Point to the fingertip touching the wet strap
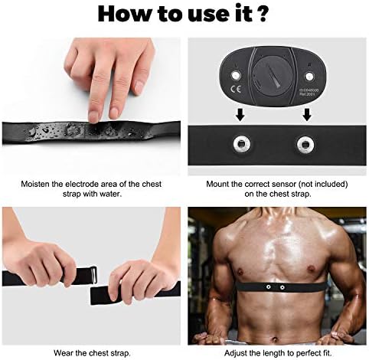pyautogui.click(x=93, y=117)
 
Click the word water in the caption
pyautogui.click(x=112, y=195)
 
